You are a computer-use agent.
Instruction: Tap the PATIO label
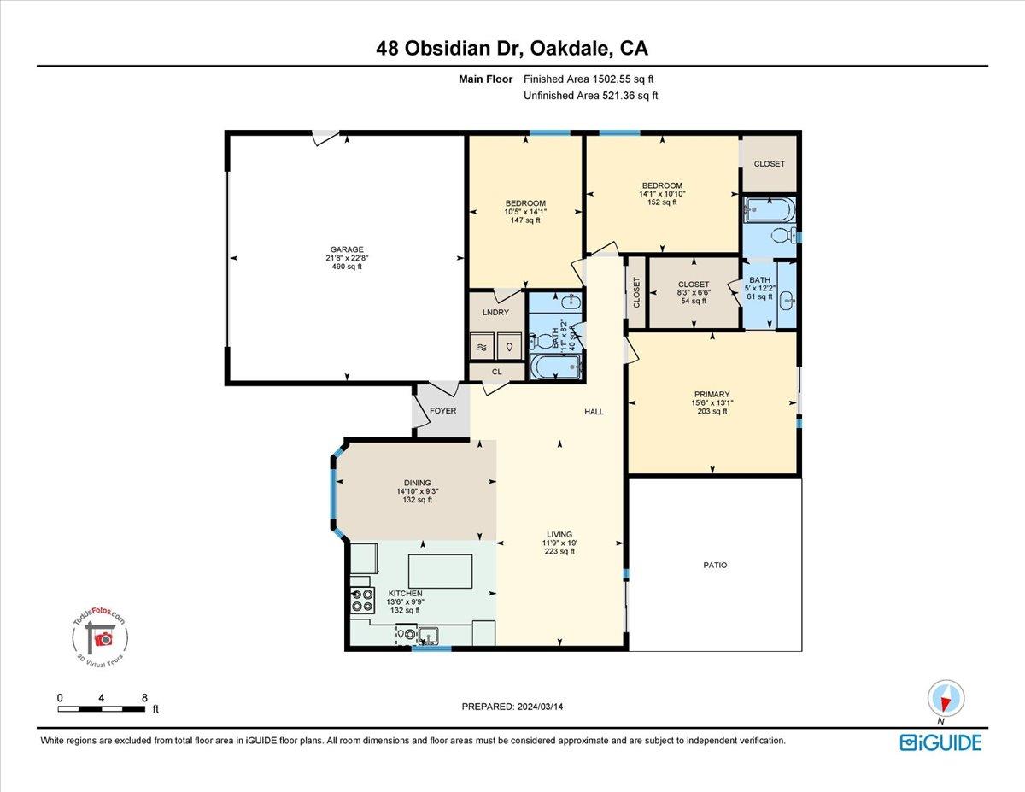click(715, 566)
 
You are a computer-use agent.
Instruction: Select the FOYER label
click(442, 411)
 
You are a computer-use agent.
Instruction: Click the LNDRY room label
click(495, 313)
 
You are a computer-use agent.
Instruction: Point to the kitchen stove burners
click(362, 601)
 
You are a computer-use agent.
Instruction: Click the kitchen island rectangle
click(441, 571)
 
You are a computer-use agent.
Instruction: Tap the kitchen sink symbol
click(427, 635)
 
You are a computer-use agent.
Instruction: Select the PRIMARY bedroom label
click(712, 395)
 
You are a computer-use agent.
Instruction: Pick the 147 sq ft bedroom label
click(525, 211)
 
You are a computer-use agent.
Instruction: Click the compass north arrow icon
click(946, 698)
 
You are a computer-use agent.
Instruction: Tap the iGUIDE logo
click(940, 742)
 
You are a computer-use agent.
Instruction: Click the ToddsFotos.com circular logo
click(100, 637)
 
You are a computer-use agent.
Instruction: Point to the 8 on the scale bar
click(143, 697)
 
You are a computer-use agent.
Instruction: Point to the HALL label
click(594, 412)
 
